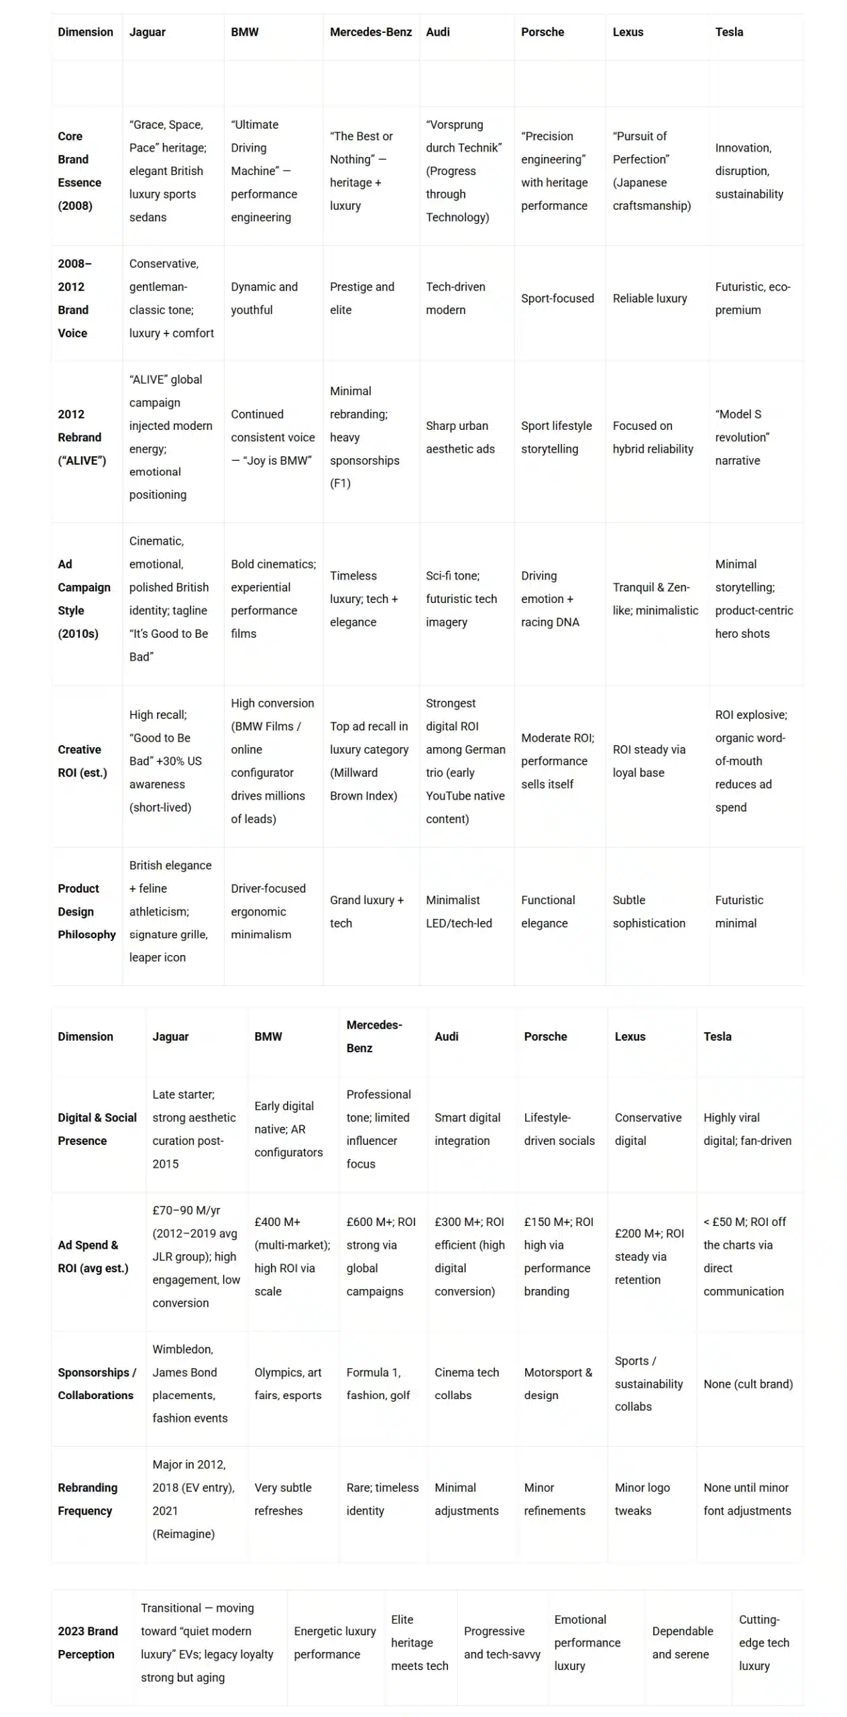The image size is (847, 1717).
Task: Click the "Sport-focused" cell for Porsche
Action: pos(557,298)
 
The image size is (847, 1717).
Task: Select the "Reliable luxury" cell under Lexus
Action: pos(649,298)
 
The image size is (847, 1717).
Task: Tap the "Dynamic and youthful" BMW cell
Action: pos(264,298)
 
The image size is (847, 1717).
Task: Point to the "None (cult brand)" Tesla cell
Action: pos(748,1384)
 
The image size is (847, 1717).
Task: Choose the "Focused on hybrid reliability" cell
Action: pos(653,437)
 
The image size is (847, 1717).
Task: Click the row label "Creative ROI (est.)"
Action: pos(82,761)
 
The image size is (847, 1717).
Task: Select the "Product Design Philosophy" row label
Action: pos(87,911)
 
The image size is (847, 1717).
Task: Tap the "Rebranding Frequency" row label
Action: pos(87,1499)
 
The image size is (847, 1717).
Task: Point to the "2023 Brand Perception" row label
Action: pos(87,1643)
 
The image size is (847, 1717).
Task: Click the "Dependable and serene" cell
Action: pos(682,1643)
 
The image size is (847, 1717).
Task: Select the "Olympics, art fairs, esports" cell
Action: pos(288,1384)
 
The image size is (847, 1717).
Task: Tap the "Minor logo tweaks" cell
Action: pos(642,1499)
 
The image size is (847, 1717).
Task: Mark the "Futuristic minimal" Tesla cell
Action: pos(738,911)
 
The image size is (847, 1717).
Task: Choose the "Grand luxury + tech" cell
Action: pos(366,911)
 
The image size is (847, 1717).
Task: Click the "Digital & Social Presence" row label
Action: pos(97,1129)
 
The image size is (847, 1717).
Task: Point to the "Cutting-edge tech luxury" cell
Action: pos(763,1643)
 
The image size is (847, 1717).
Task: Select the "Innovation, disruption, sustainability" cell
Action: pos(748,171)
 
